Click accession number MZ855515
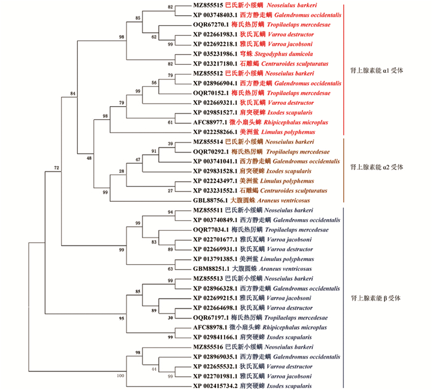pos(208,5)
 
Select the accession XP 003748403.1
pos(215,15)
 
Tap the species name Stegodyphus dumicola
pos(283,54)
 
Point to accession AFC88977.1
pos(210,122)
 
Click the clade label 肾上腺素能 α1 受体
pos(376,70)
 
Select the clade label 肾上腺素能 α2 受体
pos(376,167)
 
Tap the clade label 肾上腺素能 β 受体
pos(375,298)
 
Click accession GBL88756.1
pos(210,201)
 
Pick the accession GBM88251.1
pos(211,269)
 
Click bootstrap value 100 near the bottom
pos(120,376)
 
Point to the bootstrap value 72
pos(57,168)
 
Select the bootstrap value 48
pos(89,158)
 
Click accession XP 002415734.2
pos(215,386)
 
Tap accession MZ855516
pos(208,347)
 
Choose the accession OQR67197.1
pos(211,318)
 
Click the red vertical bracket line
pos(344,70)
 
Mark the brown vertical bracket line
pos(344,170)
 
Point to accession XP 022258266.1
pos(215,132)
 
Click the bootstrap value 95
pos(122,318)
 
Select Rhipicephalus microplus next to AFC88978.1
pos(295,328)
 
